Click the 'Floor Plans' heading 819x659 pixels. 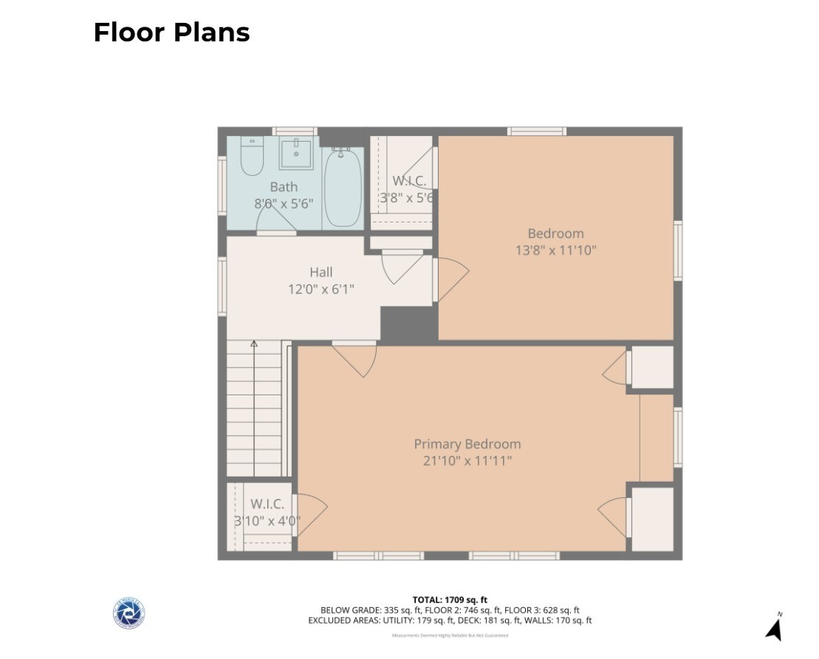(x=171, y=33)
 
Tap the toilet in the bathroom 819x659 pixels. (x=252, y=156)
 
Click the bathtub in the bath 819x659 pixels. (x=343, y=188)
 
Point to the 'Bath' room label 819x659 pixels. (x=284, y=187)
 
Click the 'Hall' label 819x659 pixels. (x=321, y=272)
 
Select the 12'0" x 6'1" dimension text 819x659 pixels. (x=321, y=289)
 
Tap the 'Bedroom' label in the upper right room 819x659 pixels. (x=555, y=233)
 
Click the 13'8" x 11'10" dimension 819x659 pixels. (x=555, y=250)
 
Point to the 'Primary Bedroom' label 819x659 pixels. (x=467, y=444)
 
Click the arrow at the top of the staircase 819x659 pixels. (x=254, y=344)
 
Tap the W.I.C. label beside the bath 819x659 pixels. (x=408, y=180)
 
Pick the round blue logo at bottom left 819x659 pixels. (x=128, y=613)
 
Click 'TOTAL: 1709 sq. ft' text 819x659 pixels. (x=450, y=600)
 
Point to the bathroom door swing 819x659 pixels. (x=273, y=216)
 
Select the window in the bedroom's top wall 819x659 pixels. (x=536, y=132)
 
